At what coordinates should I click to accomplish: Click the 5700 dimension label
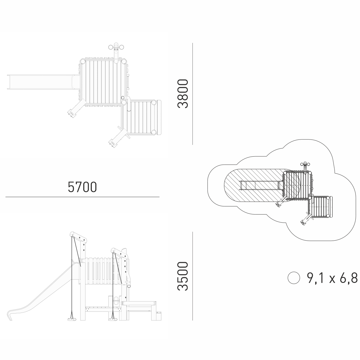(x=82, y=187)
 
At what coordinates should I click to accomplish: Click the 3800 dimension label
(x=183, y=94)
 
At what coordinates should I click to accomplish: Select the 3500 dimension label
(x=183, y=276)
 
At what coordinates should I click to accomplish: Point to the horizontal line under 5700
(x=82, y=197)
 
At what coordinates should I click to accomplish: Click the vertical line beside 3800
(x=193, y=94)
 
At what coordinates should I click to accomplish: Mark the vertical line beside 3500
(x=193, y=276)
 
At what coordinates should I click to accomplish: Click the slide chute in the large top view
(x=43, y=82)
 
